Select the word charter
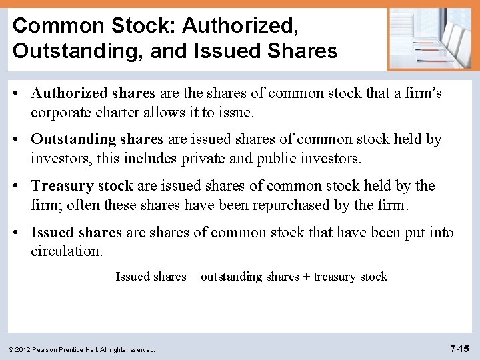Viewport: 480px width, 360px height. [x=119, y=112]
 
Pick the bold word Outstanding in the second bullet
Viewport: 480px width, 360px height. [x=73, y=139]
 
